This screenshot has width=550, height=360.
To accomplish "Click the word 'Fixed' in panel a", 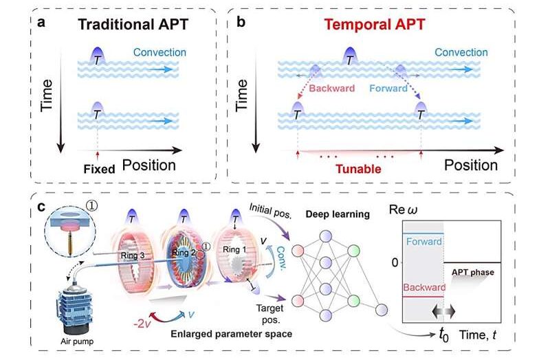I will coord(97,167).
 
